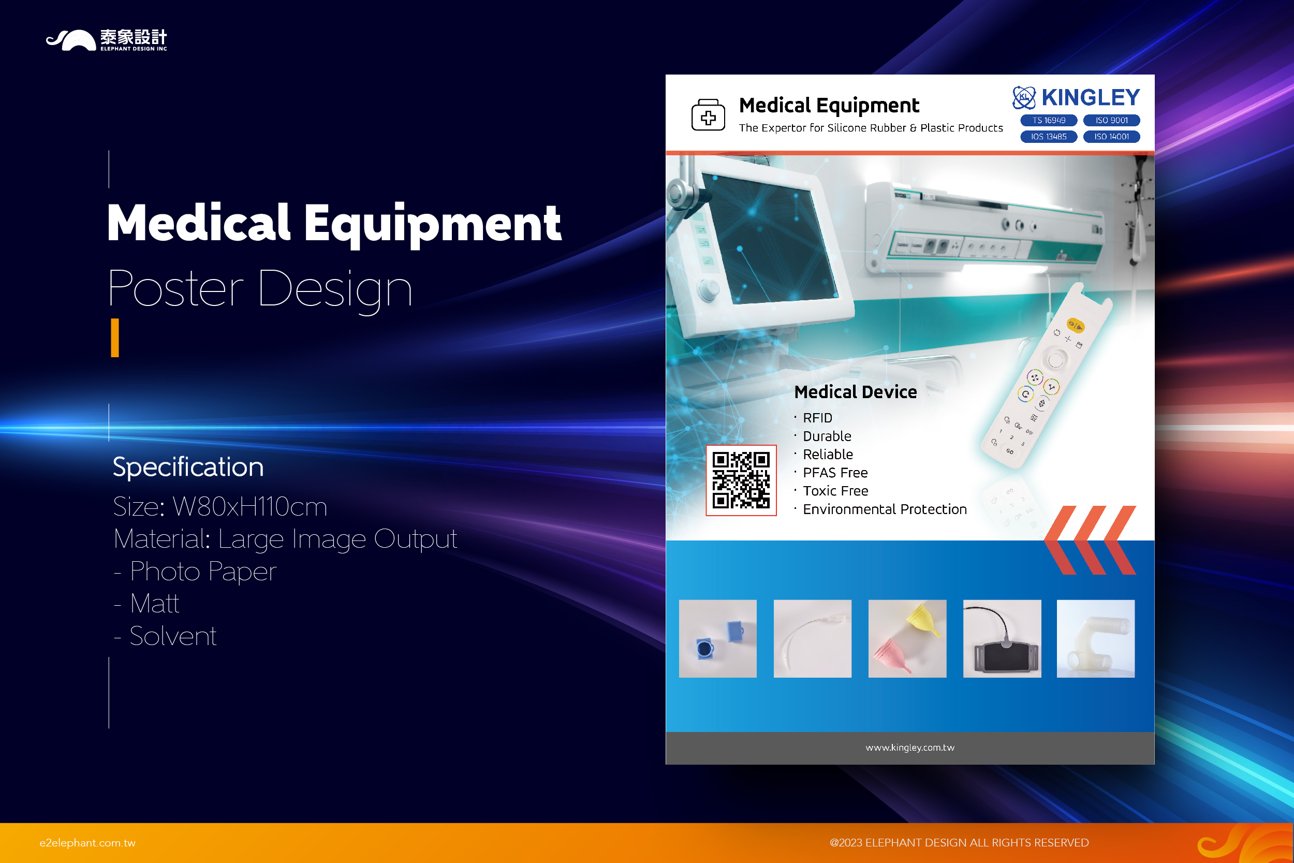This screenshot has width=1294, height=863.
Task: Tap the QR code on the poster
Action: [741, 480]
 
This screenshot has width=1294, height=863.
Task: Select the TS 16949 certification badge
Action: [1049, 121]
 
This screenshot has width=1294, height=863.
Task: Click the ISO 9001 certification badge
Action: [1111, 121]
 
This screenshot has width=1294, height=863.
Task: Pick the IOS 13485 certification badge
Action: [1049, 137]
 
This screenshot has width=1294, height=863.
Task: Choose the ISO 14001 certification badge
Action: [1111, 137]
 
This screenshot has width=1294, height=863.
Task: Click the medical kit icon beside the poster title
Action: [708, 115]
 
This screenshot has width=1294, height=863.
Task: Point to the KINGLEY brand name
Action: [1091, 97]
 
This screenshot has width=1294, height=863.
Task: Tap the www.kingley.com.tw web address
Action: [910, 748]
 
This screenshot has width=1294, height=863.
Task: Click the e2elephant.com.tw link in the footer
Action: [87, 843]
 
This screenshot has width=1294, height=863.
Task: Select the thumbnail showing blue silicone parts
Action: [718, 638]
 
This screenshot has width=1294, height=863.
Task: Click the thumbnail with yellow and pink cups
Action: [907, 638]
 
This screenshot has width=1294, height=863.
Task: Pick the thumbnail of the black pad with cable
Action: [1002, 638]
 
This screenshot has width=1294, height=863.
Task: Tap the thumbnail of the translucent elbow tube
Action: [1096, 638]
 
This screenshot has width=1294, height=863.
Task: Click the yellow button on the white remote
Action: [1076, 326]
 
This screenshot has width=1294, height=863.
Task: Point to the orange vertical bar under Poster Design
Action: [115, 338]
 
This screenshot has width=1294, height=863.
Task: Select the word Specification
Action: [188, 467]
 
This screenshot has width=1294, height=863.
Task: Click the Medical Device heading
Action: [856, 392]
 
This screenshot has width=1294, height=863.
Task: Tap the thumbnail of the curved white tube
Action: [813, 638]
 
